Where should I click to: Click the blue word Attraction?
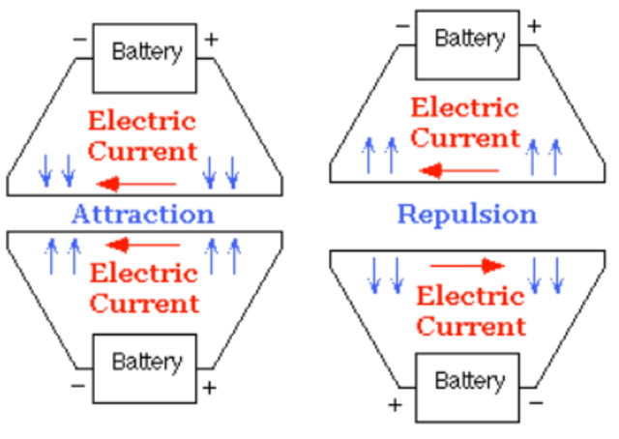[x=142, y=213]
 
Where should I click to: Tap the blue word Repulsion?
[x=466, y=213]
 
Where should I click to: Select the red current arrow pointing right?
[x=467, y=265]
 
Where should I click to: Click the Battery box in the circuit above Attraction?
[x=145, y=52]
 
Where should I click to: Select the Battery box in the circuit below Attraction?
[x=145, y=363]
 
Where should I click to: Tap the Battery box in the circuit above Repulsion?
[x=469, y=40]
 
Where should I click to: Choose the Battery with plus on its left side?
[x=469, y=381]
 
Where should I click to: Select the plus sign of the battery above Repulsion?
[x=533, y=25]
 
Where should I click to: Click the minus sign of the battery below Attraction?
[x=77, y=386]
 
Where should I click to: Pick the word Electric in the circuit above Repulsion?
[x=465, y=108]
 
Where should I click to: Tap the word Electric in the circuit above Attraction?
[x=142, y=122]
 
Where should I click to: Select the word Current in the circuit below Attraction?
[x=143, y=304]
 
